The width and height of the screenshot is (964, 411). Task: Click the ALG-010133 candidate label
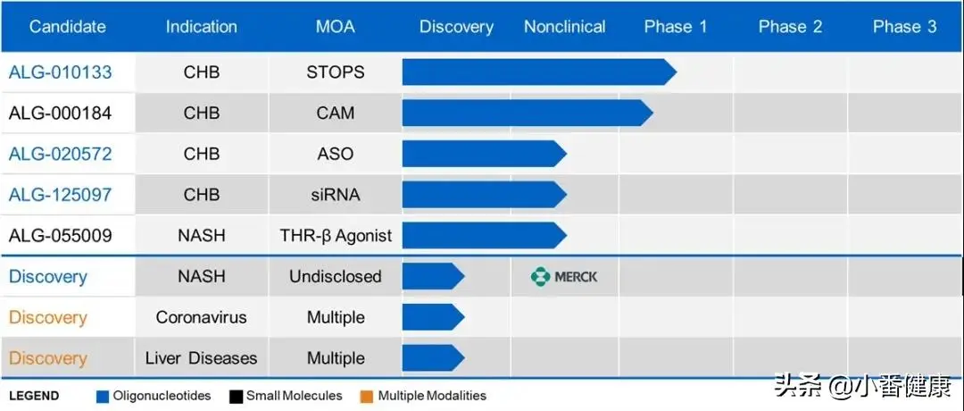pos(61,72)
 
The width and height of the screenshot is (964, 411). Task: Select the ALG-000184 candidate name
pos(61,113)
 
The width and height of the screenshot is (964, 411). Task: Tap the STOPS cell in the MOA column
pos(335,72)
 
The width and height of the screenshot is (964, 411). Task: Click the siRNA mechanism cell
pos(335,195)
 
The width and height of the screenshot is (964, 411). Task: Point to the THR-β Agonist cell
pos(336,236)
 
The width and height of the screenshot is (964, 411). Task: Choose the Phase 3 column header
pos(904,27)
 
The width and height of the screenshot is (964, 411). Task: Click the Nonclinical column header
pos(564,27)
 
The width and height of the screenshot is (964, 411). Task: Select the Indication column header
pos(201,27)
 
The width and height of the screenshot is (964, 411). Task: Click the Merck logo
pos(564,277)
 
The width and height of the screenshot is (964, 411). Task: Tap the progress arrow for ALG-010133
pos(539,72)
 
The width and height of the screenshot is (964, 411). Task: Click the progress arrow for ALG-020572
pos(485,154)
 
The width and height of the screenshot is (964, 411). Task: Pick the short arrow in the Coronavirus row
pos(434,317)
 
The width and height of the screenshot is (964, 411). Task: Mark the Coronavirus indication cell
pos(201,317)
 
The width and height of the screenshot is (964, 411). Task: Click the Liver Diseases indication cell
pos(201,358)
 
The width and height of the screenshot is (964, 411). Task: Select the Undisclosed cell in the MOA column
pos(335,277)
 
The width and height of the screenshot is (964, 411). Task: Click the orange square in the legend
pos(368,397)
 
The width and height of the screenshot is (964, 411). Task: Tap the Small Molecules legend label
pos(294,396)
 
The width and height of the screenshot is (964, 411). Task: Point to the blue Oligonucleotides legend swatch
pos(103,397)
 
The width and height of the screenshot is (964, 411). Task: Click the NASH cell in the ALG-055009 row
pos(201,236)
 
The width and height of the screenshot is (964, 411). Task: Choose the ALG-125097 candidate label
pos(61,195)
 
